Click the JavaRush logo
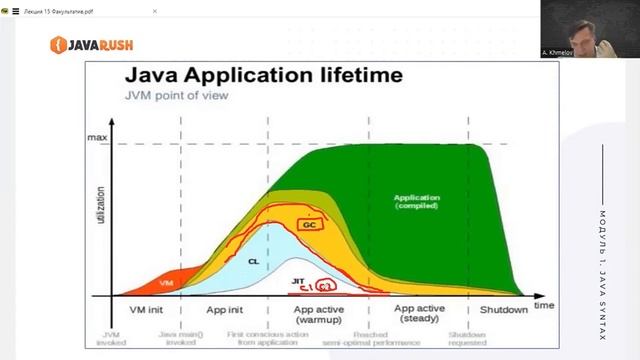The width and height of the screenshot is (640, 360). click(x=93, y=44)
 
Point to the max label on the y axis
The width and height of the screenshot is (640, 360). click(x=97, y=137)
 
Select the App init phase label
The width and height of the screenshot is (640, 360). click(x=224, y=309)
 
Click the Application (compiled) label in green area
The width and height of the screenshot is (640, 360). click(x=418, y=201)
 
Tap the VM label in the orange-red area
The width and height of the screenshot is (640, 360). click(x=166, y=284)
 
